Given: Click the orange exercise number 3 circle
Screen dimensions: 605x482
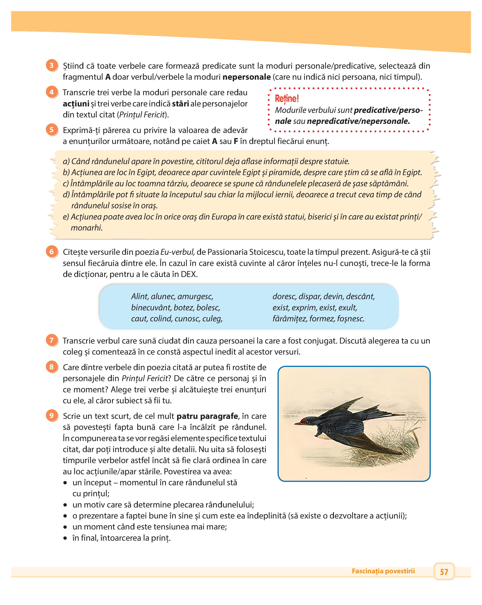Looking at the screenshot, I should [x=52, y=66].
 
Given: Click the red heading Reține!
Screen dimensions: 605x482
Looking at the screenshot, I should [x=287, y=98].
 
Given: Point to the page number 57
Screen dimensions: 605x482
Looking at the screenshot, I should [x=444, y=571].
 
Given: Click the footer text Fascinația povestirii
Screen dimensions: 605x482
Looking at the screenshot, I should [x=383, y=571].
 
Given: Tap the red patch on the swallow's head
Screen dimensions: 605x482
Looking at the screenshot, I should [x=303, y=421].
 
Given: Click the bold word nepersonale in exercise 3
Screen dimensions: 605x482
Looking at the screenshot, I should [x=246, y=77].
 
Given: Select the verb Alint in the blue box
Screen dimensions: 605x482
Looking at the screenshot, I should [x=139, y=296].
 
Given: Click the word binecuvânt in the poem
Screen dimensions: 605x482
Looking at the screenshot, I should [x=151, y=308].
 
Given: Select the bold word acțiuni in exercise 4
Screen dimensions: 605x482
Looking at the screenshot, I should [x=76, y=104].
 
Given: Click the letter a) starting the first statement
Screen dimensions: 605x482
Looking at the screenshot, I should [x=66, y=161].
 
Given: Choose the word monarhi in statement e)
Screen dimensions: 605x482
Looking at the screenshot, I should [x=86, y=228].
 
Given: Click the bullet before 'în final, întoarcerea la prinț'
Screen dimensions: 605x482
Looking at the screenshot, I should [x=65, y=538].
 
